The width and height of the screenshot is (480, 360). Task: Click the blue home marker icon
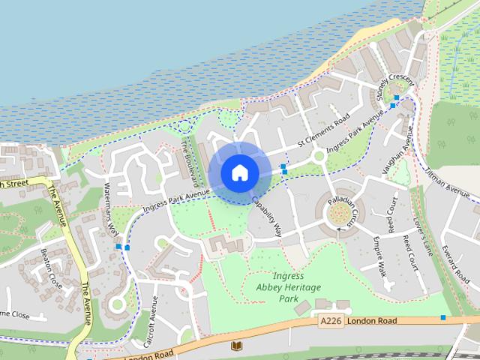point(239,172)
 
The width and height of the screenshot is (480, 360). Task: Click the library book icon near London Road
point(237,346)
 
